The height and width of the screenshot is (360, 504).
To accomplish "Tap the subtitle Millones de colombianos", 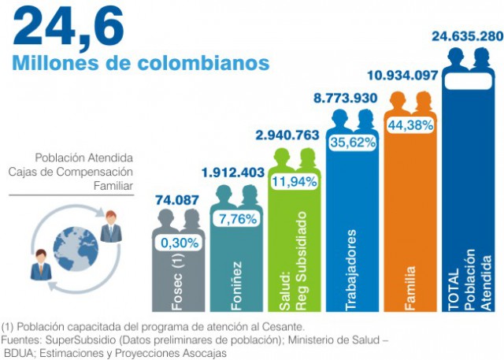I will click(x=141, y=62).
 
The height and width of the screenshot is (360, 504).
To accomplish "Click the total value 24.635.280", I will click(x=467, y=36).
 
